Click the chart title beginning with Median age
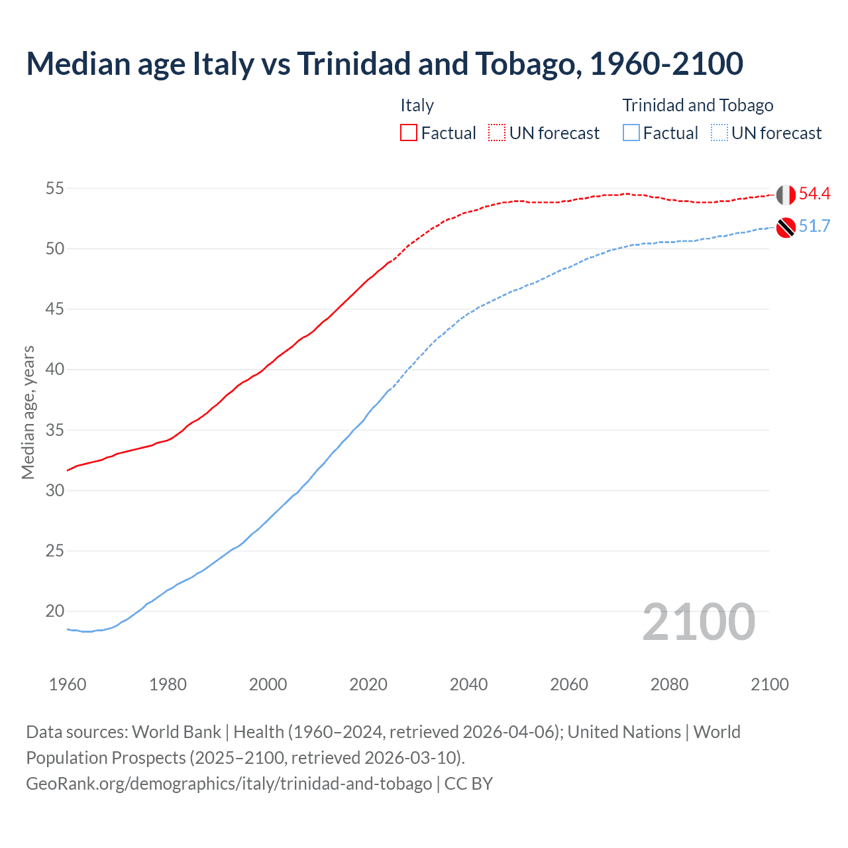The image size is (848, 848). pos(384,64)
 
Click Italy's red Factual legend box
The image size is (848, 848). pos(409,132)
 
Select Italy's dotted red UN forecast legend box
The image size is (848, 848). pos(497,132)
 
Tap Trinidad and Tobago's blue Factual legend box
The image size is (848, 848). pos(631,132)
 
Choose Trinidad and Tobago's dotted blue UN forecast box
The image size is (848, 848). pos(719,132)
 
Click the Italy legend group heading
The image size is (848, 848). pos(417,105)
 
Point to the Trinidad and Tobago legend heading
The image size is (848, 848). pos(698,105)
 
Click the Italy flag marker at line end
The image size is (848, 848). pos(786,195)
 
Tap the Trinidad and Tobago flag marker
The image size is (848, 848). pos(786,227)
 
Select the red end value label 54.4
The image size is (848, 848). pos(814,193)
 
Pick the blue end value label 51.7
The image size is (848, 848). pos(814,226)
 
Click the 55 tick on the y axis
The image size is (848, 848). pos(54,189)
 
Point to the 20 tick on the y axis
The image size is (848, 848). pos(54,611)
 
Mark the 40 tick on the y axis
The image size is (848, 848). pos(54,370)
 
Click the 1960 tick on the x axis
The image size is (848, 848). pos(68,684)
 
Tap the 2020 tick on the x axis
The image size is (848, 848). pos(368,684)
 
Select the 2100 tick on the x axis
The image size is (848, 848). pos(770,684)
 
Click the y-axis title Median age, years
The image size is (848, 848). pos(28,412)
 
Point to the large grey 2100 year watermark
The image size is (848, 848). pos(698,621)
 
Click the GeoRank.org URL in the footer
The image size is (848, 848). pos(229,783)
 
